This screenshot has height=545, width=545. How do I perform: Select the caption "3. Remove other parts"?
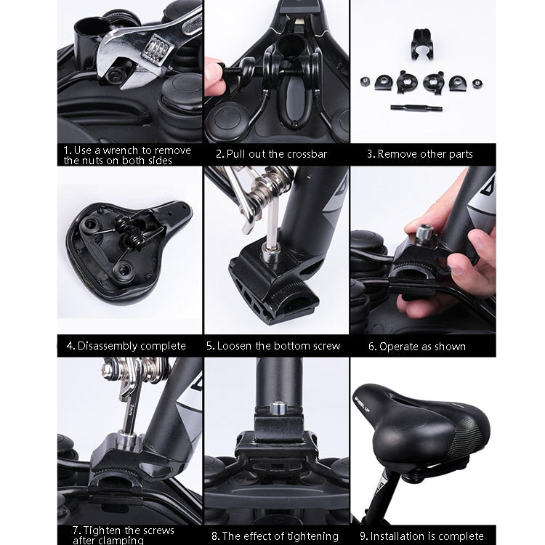point(420,154)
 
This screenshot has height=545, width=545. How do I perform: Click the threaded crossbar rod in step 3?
point(416,108)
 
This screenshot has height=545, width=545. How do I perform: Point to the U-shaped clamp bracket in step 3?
point(421,44)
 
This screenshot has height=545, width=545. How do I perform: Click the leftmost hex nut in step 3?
point(365,82)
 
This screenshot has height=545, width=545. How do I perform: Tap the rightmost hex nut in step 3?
point(477,84)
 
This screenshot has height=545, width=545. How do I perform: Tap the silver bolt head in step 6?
point(424,233)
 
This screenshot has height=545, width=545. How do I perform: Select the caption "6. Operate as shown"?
point(417,347)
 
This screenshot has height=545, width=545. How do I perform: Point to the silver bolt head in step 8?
point(277,408)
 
